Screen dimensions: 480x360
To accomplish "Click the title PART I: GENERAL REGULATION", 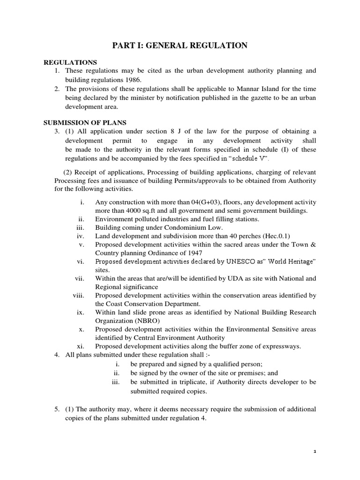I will click(x=180, y=45).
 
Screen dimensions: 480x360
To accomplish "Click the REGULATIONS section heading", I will click(x=70, y=62).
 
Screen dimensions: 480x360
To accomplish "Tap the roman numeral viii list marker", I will click(x=78, y=295).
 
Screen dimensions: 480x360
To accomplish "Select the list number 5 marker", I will click(x=57, y=409).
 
